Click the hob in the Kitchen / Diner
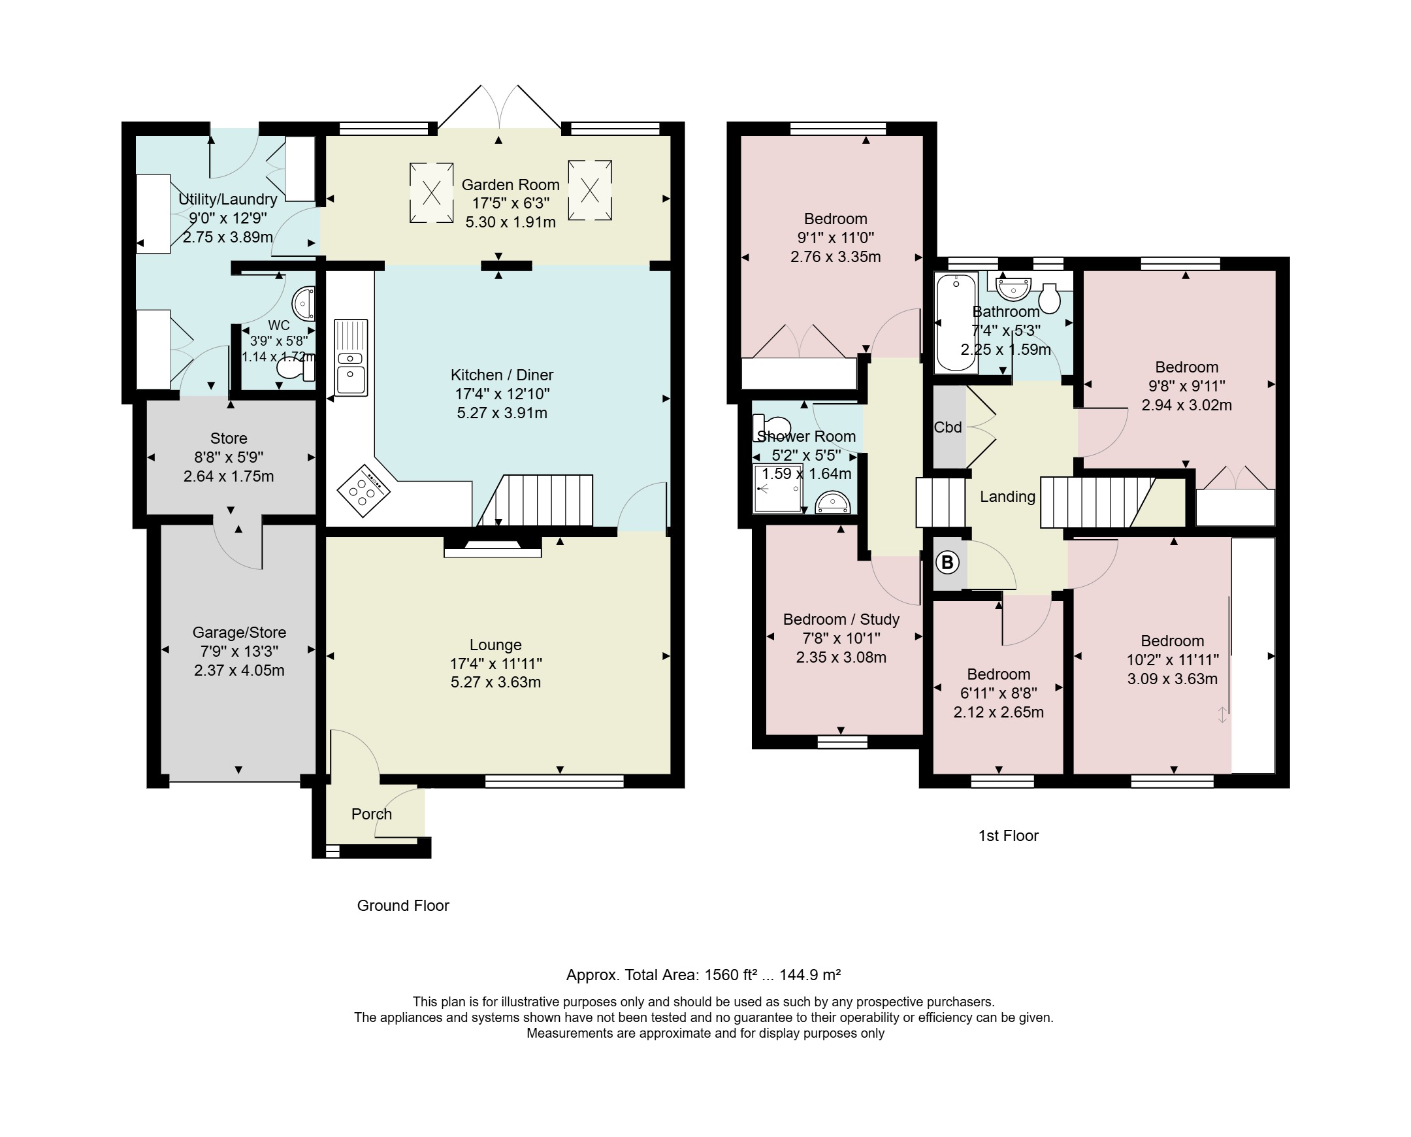[363, 489]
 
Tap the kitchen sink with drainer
[351, 357]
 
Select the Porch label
[371, 814]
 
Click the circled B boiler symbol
[947, 562]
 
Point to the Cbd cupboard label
[947, 427]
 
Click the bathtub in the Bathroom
[956, 322]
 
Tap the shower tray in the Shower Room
[778, 488]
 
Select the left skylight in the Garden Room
[432, 193]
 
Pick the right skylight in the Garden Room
[590, 190]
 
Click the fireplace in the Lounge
[493, 547]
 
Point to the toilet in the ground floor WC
[296, 369]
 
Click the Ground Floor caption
[402, 906]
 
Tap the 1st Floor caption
[1009, 836]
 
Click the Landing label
[1007, 497]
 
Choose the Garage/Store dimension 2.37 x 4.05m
[239, 670]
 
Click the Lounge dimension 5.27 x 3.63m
[496, 682]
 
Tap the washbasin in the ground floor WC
[304, 303]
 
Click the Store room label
[229, 438]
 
